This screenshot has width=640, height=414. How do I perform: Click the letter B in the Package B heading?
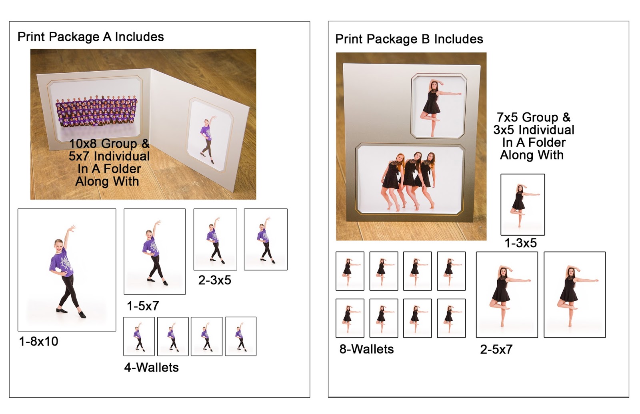click(426, 39)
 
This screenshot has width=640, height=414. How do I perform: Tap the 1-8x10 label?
click(38, 341)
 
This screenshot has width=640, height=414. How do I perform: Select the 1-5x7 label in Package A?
click(142, 306)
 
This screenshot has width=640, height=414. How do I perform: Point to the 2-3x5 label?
click(214, 280)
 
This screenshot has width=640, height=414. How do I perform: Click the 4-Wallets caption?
click(152, 368)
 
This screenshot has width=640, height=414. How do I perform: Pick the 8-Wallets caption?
click(366, 349)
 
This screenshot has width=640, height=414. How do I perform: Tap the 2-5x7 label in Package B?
click(496, 350)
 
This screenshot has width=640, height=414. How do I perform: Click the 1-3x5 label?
click(520, 243)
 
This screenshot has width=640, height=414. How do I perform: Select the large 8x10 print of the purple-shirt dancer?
click(67, 270)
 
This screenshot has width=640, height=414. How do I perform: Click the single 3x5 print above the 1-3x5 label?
click(522, 204)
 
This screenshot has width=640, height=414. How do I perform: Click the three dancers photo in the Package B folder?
click(410, 180)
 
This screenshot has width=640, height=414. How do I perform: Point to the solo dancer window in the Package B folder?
click(438, 106)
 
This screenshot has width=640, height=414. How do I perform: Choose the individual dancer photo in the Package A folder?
click(210, 135)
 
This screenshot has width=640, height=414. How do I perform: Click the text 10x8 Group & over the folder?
click(110, 144)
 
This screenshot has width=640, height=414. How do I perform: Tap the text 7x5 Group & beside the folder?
click(534, 118)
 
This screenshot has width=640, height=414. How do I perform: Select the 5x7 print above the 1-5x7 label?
click(154, 252)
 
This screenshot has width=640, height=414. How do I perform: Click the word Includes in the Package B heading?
click(458, 39)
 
